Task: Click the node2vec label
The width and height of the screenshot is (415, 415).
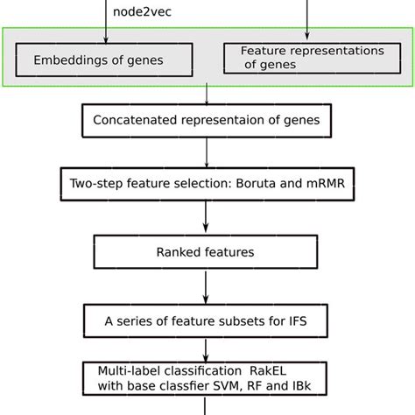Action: tap(141, 13)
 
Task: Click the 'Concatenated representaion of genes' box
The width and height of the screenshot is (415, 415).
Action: tap(207, 121)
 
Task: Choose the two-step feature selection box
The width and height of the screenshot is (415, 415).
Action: tap(207, 185)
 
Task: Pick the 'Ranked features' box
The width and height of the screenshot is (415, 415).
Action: tap(207, 252)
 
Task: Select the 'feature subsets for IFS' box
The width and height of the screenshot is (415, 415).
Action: tap(207, 320)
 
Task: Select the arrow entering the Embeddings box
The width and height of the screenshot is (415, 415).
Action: tap(106, 31)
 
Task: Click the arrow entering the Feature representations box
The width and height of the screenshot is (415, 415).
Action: tap(307, 26)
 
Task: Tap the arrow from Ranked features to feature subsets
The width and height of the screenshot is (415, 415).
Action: tap(207, 286)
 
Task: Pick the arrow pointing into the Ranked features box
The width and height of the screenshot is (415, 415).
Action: tap(207, 219)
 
